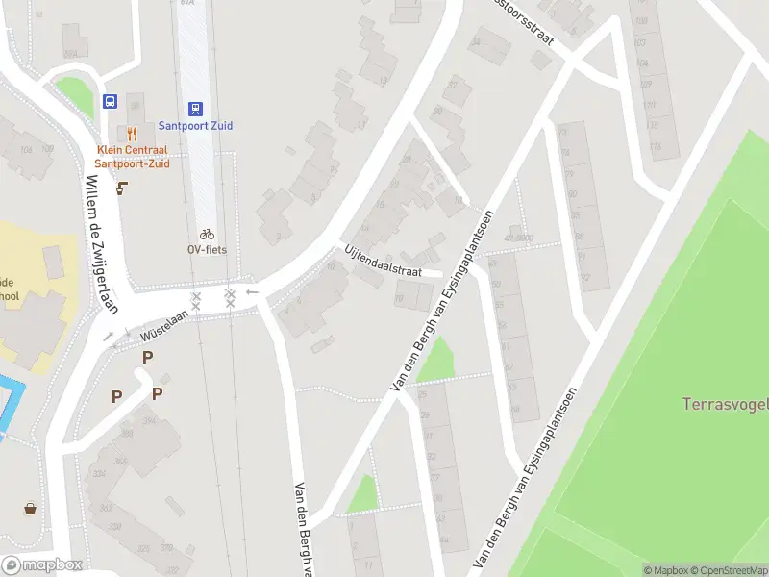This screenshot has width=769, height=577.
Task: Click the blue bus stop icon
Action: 110,101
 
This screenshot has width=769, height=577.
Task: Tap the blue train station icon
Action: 196,109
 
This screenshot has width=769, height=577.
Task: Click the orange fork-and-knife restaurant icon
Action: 133,134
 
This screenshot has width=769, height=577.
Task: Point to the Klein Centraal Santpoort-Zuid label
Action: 133,157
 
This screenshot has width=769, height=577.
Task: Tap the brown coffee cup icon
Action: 121,188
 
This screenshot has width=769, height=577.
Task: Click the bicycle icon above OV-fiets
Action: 206,234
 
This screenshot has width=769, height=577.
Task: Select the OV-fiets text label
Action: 206,249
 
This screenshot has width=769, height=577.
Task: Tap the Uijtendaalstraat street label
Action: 384,261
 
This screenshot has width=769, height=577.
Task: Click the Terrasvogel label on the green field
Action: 725,404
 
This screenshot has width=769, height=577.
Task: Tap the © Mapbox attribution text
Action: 664,570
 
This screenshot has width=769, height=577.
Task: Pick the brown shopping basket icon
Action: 31,509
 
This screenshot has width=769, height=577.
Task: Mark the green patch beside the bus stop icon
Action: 75,97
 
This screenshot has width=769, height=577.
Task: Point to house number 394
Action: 122,419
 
